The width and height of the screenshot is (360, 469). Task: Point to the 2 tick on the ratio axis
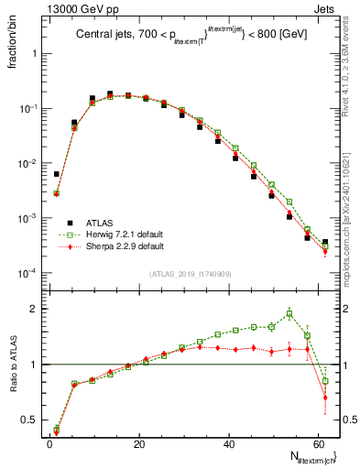(x=38, y=309)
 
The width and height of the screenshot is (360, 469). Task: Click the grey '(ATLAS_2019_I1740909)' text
(x=189, y=274)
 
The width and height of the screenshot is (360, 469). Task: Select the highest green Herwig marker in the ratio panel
(x=289, y=314)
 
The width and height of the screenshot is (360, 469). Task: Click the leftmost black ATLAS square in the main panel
(x=57, y=174)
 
